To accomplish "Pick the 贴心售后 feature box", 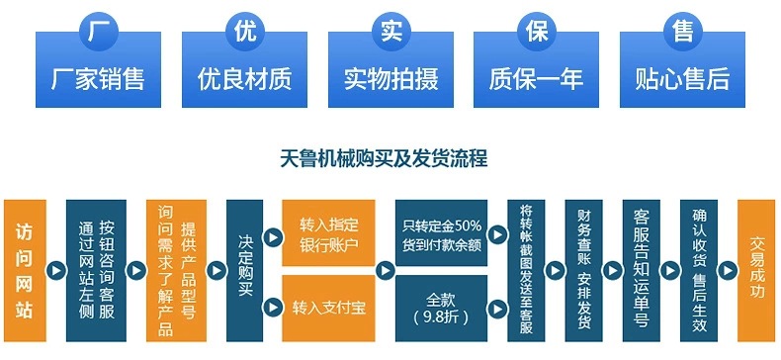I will point(681,76).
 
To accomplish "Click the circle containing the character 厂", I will point(96,30).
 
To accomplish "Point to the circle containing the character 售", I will point(681,30).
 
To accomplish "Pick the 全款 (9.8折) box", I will point(442,308).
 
